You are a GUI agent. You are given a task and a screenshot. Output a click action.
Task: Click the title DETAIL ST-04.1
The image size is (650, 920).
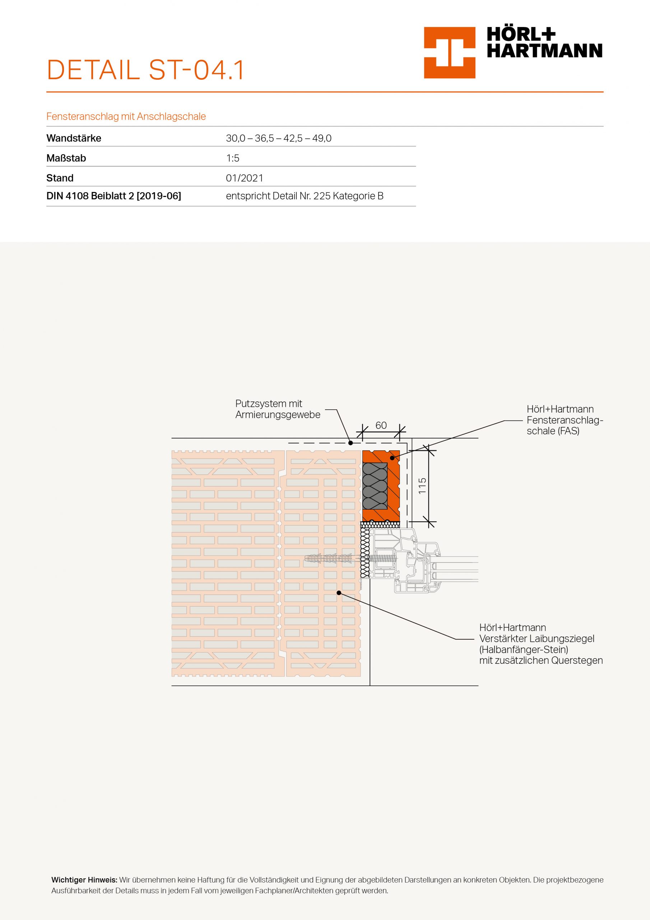(145, 70)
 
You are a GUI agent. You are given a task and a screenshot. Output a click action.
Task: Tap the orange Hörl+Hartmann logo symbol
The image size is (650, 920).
(449, 52)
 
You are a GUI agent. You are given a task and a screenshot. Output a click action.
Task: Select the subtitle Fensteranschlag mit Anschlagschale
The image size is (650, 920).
(126, 116)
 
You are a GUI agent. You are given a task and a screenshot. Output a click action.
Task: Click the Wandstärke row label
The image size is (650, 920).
(74, 138)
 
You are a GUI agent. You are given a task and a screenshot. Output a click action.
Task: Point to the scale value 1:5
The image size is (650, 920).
(232, 158)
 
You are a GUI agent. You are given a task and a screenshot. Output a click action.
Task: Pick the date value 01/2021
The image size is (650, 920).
(244, 178)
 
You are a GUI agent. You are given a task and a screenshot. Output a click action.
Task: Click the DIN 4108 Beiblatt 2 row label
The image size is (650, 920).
(114, 196)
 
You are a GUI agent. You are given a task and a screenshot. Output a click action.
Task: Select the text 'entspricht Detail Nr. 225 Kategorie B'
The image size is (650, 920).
(305, 196)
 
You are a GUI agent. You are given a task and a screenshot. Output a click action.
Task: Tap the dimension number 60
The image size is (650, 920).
(381, 425)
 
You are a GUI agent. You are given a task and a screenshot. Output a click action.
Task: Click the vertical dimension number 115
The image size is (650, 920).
(422, 486)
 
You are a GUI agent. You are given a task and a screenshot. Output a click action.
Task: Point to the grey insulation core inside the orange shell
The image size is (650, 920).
(375, 486)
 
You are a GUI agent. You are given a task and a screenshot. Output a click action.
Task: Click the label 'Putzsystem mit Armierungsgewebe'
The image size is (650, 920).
(278, 409)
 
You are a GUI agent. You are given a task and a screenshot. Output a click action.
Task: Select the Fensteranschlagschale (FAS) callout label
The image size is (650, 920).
(564, 420)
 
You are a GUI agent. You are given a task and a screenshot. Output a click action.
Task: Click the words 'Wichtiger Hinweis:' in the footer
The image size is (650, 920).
(84, 880)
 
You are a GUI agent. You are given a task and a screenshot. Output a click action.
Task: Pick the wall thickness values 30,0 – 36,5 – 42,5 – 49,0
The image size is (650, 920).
(278, 138)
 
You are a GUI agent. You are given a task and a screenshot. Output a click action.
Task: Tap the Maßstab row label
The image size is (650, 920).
(66, 158)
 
